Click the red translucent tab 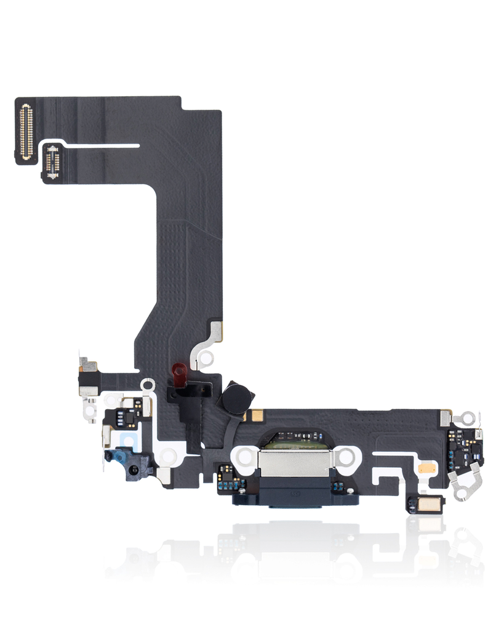(x=180, y=372)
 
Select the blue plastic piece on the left (x=117, y=457)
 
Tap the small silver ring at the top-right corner (x=470, y=418)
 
